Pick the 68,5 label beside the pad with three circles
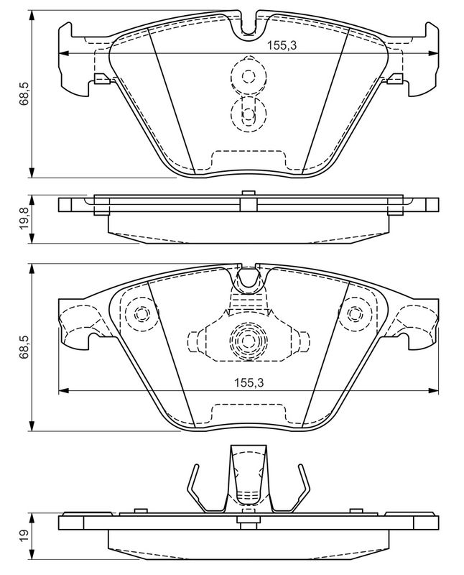pyautogui.click(x=24, y=346)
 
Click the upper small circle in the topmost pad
pyautogui.click(x=248, y=75)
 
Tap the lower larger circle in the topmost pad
pyautogui.click(x=248, y=113)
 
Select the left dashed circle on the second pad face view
pyautogui.click(x=139, y=314)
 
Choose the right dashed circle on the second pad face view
pyautogui.click(x=354, y=314)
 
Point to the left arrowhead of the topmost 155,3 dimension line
pyautogui.click(x=62, y=54)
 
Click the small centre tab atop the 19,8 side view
pyautogui.click(x=247, y=193)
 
